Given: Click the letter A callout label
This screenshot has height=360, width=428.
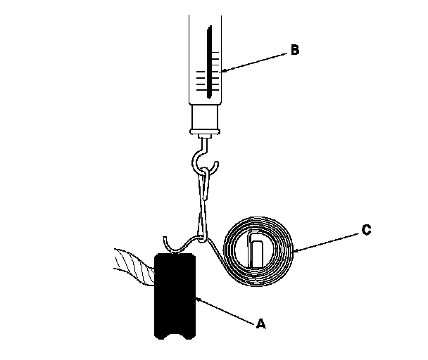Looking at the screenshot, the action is point(261,324).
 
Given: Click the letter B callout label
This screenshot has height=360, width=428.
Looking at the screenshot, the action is point(294,50).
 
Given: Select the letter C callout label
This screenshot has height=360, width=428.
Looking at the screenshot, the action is point(365,230).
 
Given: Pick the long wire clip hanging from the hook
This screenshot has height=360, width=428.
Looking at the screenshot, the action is point(205,200).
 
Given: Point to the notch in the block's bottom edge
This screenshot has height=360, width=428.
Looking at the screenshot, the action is point(175,335).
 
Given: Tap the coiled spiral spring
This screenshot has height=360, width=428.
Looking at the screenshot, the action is point(258,250).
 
